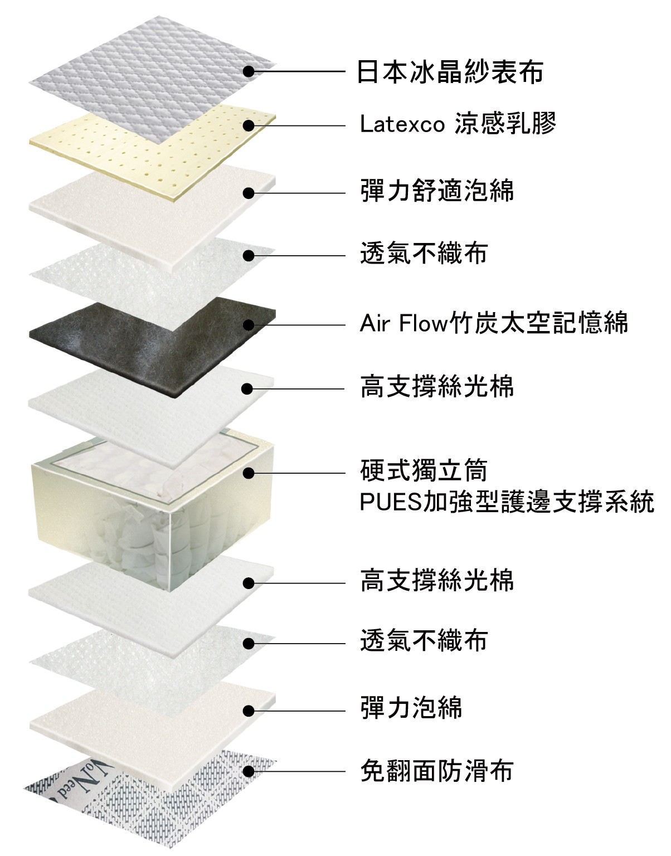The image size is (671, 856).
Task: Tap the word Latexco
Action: coord(402,124)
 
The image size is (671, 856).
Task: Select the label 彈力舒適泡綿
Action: coord(437,191)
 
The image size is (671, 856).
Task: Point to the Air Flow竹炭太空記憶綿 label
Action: coord(494,323)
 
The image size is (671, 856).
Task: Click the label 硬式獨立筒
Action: coord(424,471)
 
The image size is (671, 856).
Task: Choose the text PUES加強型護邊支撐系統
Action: coord(507,502)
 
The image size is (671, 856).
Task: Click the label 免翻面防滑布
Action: coord(436,771)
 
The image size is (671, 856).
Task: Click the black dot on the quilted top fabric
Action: coord(249,71)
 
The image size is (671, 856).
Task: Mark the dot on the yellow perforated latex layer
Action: coord(249,126)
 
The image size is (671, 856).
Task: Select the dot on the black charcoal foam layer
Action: coord(249,325)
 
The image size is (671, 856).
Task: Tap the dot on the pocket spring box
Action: coord(249,473)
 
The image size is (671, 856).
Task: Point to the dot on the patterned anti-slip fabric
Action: coord(249,771)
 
